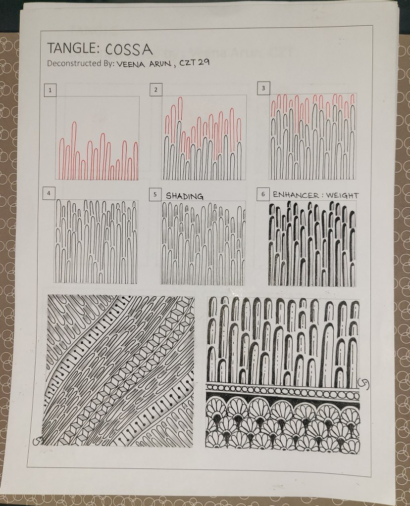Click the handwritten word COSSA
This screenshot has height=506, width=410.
pos(128,49)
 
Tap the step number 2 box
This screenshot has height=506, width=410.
pos(155,90)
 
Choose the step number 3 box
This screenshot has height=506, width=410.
pos(263,88)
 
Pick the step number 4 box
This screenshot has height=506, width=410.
pos(49,193)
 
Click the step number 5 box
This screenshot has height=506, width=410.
pos(155,194)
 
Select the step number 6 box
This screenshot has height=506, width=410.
pos(263,194)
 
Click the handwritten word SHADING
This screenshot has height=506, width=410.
pos(185,196)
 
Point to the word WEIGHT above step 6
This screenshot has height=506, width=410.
pos(342,195)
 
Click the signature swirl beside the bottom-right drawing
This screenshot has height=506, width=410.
pos(363,382)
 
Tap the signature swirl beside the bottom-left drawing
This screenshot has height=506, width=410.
pos(38,441)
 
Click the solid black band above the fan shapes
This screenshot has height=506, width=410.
pos(283,397)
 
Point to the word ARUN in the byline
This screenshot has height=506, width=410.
pos(158,63)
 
